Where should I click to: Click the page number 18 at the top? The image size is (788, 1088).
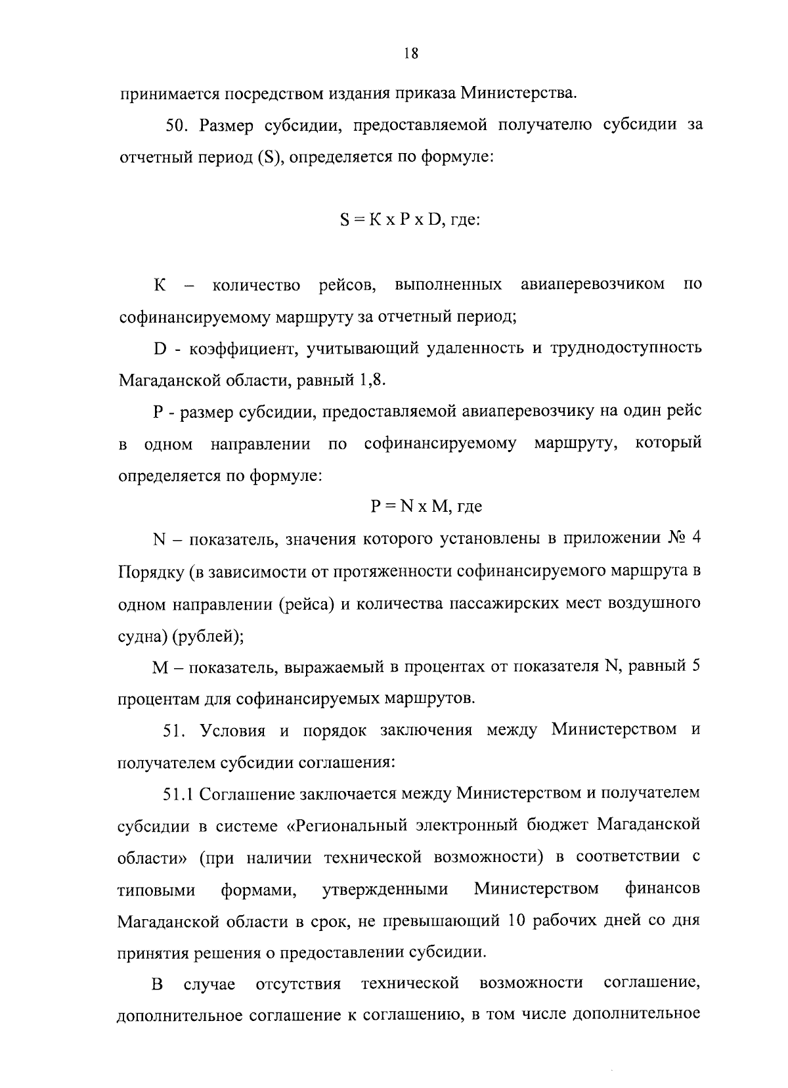411,55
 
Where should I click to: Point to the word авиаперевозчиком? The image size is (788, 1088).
592,284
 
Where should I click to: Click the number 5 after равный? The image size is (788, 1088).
695,666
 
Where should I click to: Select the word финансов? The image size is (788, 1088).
663,889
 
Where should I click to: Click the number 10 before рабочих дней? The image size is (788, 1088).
517,920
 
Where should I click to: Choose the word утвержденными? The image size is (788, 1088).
385,889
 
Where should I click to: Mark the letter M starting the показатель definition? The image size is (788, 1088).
161,668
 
